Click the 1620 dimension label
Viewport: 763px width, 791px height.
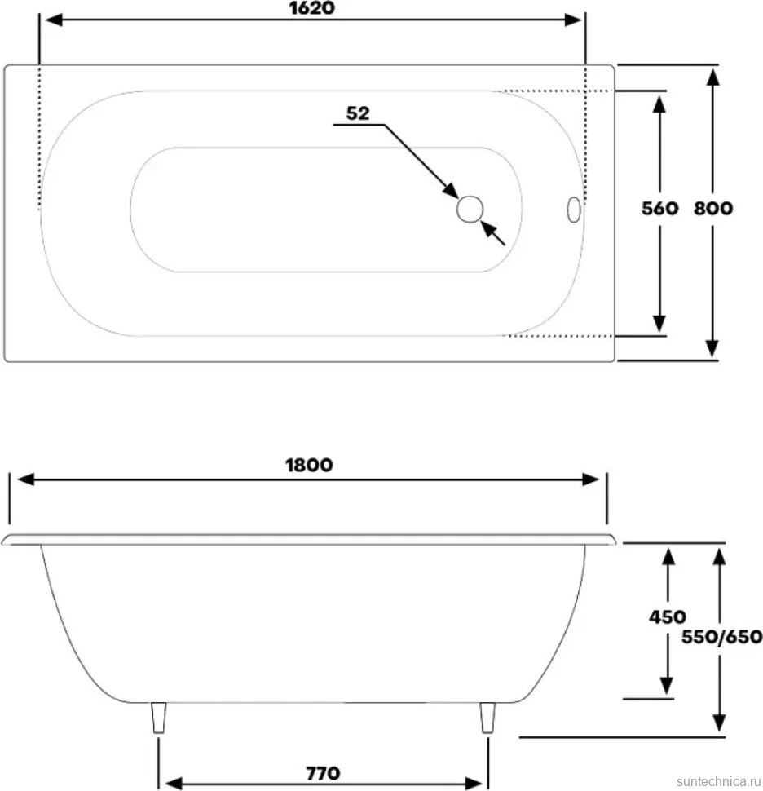coord(311,8)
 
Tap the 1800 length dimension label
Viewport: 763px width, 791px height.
coord(309,465)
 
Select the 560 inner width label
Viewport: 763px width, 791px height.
coord(659,208)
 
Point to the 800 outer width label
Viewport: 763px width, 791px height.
coord(712,208)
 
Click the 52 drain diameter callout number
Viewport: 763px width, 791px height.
coord(358,113)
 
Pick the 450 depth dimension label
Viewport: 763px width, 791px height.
coord(667,617)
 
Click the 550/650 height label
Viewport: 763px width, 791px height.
coord(721,637)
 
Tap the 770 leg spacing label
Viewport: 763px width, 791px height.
coord(323,773)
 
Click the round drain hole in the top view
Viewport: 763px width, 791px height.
coord(470,209)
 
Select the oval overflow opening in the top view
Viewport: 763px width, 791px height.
coord(574,210)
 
